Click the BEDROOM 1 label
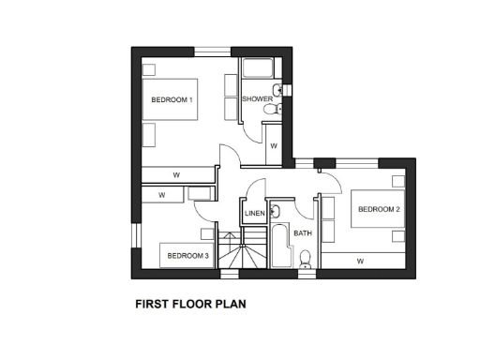(x=172, y=99)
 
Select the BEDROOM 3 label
(x=187, y=255)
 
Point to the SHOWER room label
(x=257, y=98)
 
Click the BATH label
(x=303, y=233)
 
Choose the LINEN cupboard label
(x=254, y=214)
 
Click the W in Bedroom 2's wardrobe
(x=360, y=260)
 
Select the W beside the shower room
(x=273, y=146)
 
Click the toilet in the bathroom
(x=305, y=258)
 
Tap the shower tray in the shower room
(x=257, y=68)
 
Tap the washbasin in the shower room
(x=286, y=91)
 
